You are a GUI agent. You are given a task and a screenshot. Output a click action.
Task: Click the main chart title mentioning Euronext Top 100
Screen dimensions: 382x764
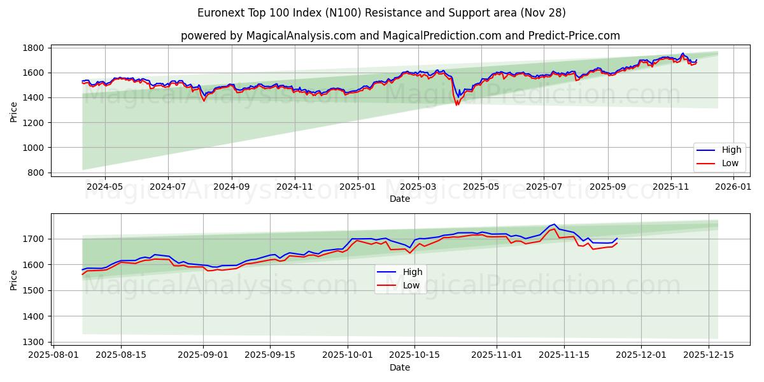[381, 13]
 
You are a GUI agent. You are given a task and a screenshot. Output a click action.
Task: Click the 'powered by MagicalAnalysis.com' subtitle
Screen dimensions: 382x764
[400, 36]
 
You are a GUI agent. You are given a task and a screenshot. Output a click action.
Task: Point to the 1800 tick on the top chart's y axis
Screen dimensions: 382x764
[34, 48]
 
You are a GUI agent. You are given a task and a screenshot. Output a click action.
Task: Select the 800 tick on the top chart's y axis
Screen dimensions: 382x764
[36, 173]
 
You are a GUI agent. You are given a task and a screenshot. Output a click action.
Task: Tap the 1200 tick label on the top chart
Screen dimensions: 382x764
[34, 122]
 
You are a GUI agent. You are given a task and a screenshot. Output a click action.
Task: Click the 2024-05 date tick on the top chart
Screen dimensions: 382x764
[104, 187]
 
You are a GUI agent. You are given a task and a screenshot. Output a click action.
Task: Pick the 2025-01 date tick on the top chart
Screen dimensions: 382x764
[357, 187]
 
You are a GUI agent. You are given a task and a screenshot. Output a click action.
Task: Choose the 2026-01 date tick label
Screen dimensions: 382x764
[732, 187]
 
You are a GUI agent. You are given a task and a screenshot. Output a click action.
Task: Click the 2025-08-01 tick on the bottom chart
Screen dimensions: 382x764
[53, 355]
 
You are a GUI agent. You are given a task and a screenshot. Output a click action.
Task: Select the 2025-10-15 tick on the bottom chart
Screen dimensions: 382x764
[414, 355]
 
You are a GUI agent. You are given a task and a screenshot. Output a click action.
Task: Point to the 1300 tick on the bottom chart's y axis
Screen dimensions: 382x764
[34, 342]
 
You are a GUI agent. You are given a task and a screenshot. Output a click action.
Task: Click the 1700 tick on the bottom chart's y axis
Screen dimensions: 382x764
[34, 239]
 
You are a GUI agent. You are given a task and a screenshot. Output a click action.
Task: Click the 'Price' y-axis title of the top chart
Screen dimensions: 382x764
[14, 111]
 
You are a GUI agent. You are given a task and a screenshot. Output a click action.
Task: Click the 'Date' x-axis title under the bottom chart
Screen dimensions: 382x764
[399, 367]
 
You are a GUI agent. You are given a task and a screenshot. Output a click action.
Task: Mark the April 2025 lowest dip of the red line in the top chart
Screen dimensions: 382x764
[456, 104]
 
